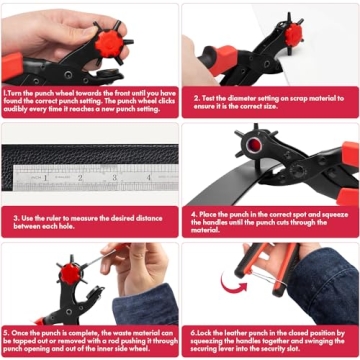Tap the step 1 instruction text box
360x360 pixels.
(90, 101)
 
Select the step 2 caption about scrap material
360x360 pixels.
(270, 101)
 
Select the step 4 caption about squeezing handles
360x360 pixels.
(270, 221)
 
